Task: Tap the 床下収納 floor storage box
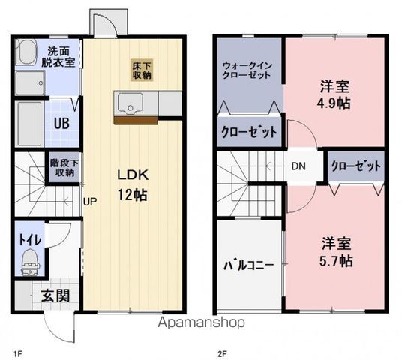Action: (142, 70)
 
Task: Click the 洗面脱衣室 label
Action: (61, 57)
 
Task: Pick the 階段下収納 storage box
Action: (62, 167)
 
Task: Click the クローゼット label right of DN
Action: (355, 166)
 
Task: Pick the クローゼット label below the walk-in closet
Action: (248, 133)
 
